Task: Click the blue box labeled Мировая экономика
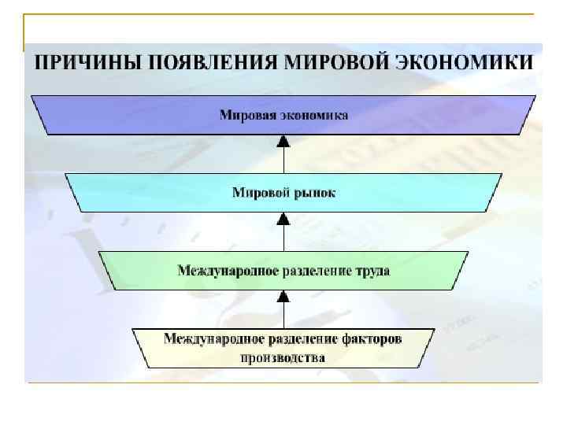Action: (x=283, y=115)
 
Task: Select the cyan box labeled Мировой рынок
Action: (x=283, y=192)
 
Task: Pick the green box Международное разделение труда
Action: (x=283, y=270)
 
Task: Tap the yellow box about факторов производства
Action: (x=283, y=347)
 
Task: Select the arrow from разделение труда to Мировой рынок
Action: (x=283, y=232)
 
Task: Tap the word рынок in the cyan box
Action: (x=314, y=193)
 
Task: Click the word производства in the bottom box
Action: (x=283, y=357)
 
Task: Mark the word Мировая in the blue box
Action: (x=247, y=115)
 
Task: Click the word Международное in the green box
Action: (x=228, y=271)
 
